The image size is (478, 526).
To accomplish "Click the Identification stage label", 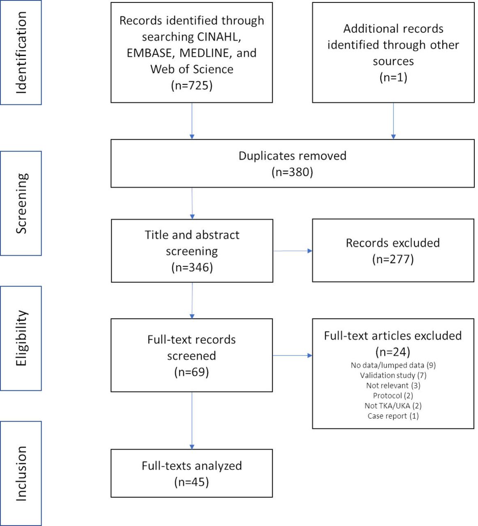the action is click(21, 53).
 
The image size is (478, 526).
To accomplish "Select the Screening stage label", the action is click(21, 203).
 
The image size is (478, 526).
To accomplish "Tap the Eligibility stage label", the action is click(21, 338).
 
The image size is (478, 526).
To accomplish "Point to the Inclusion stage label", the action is click(21, 473).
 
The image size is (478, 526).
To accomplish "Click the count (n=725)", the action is click(191, 85).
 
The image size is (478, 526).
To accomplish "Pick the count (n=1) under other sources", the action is click(393, 77).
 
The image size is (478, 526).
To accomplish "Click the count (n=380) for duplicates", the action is click(292, 172).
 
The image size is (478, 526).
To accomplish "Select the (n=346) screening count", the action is click(192, 268).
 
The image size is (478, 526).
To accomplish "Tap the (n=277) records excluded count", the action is click(393, 259).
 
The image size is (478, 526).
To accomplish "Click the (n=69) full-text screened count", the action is click(191, 372).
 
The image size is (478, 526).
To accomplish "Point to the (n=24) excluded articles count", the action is click(393, 352).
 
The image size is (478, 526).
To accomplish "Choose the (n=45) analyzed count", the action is click(191, 482).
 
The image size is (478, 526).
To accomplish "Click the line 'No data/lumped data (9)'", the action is click(393, 365).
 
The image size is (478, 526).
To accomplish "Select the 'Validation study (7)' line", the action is click(393, 376).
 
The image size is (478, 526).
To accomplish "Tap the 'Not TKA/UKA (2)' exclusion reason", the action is click(393, 406).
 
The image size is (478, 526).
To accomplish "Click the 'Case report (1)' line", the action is click(393, 416).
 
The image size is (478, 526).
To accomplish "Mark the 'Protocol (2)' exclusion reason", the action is click(393, 396).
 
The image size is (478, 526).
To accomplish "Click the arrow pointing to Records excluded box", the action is click(292, 251).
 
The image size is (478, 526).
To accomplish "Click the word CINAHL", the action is click(219, 37).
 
